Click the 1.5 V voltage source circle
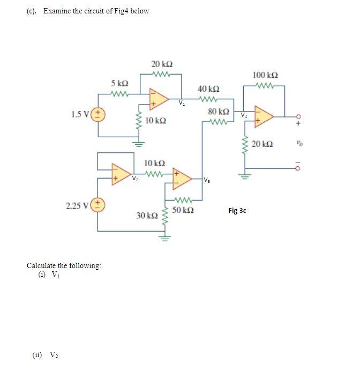click(x=99, y=114)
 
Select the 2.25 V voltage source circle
click(x=99, y=204)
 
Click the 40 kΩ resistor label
click(x=208, y=88)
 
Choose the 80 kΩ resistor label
click(x=219, y=112)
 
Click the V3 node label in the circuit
click(x=207, y=180)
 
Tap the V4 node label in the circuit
click(x=244, y=114)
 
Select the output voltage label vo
click(x=298, y=144)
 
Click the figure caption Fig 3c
click(x=237, y=211)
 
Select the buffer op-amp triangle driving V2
click(x=119, y=173)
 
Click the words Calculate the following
click(x=64, y=266)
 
